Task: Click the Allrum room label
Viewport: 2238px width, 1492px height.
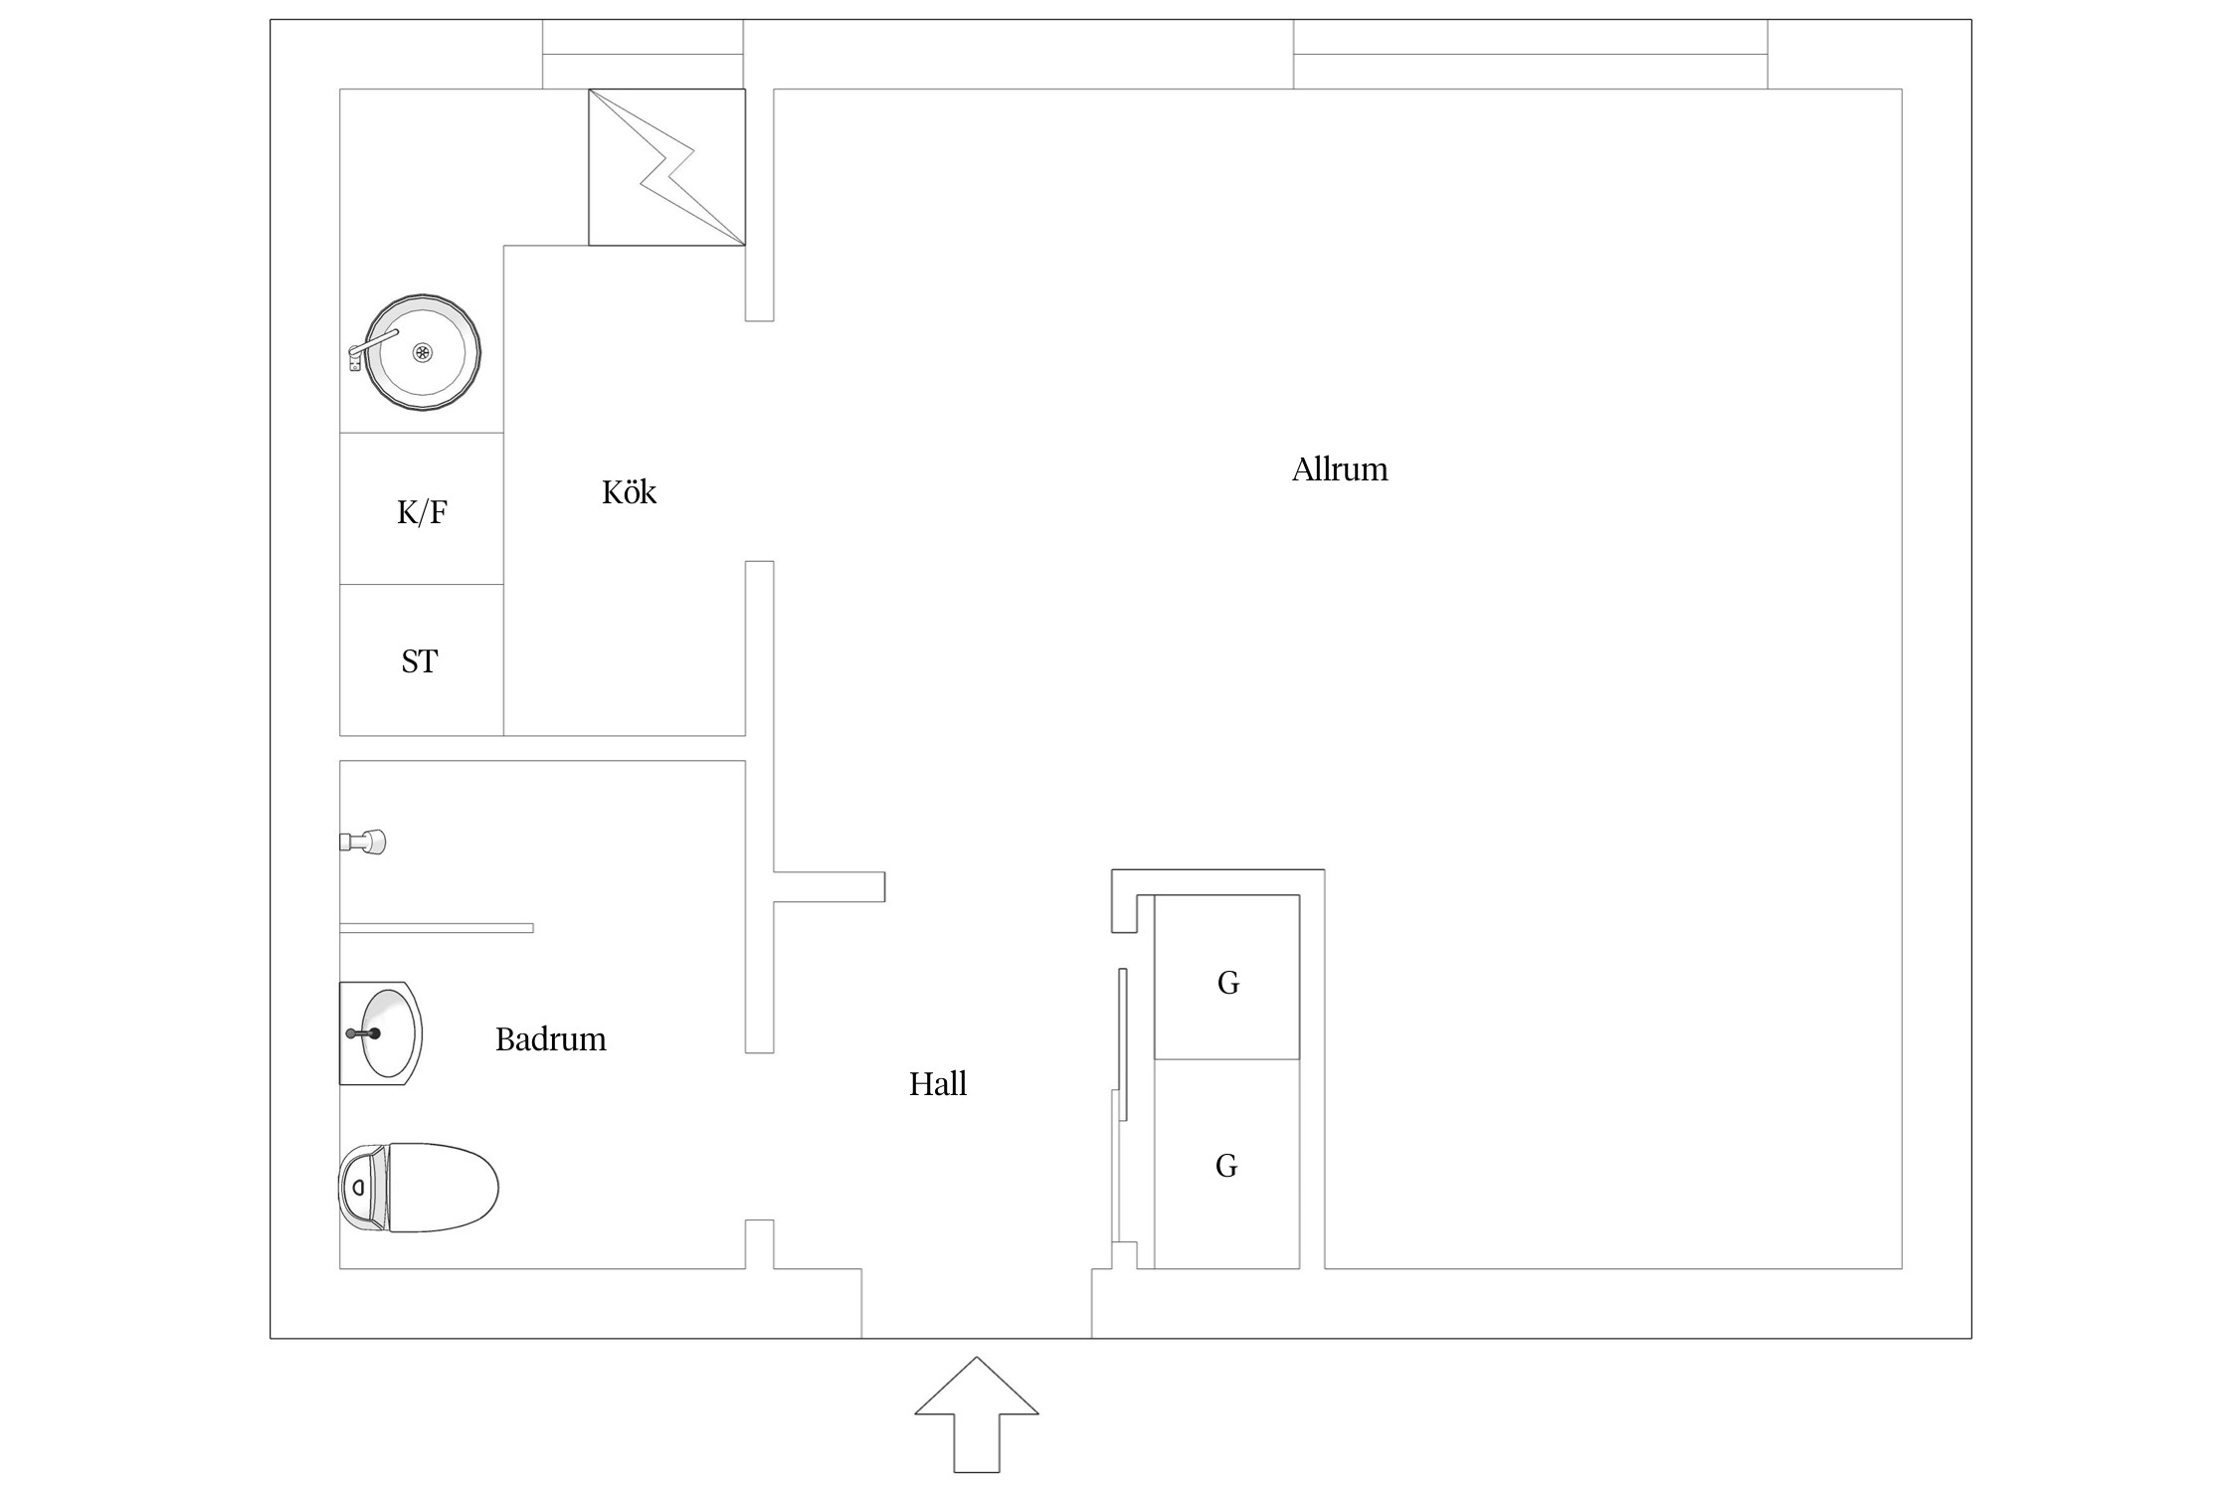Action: pos(1339,469)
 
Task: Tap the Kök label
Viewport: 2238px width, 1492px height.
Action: pos(629,491)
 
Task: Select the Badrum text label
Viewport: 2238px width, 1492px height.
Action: pos(550,1039)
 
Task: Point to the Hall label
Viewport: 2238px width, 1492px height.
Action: pos(937,1083)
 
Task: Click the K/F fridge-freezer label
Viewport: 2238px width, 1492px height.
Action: pos(422,512)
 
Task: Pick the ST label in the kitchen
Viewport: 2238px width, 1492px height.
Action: pos(419,661)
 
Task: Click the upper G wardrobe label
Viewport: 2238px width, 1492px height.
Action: pos(1228,983)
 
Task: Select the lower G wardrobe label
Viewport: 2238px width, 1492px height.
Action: pos(1226,1166)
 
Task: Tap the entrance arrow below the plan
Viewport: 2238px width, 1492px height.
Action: pos(977,1414)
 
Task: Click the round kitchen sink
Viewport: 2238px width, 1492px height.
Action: pos(422,353)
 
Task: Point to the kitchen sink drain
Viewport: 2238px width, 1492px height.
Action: pos(423,352)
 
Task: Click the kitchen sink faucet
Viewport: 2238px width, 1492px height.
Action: pos(372,346)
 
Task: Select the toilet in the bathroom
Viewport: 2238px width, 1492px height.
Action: pos(418,1188)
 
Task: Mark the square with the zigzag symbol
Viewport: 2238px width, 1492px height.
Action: pos(666,167)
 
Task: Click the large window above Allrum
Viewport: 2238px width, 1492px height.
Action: pos(1530,55)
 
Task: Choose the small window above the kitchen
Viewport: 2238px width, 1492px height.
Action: pos(643,55)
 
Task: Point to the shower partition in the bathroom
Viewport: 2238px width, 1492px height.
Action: pos(437,928)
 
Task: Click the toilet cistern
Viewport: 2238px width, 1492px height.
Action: pos(363,1188)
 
